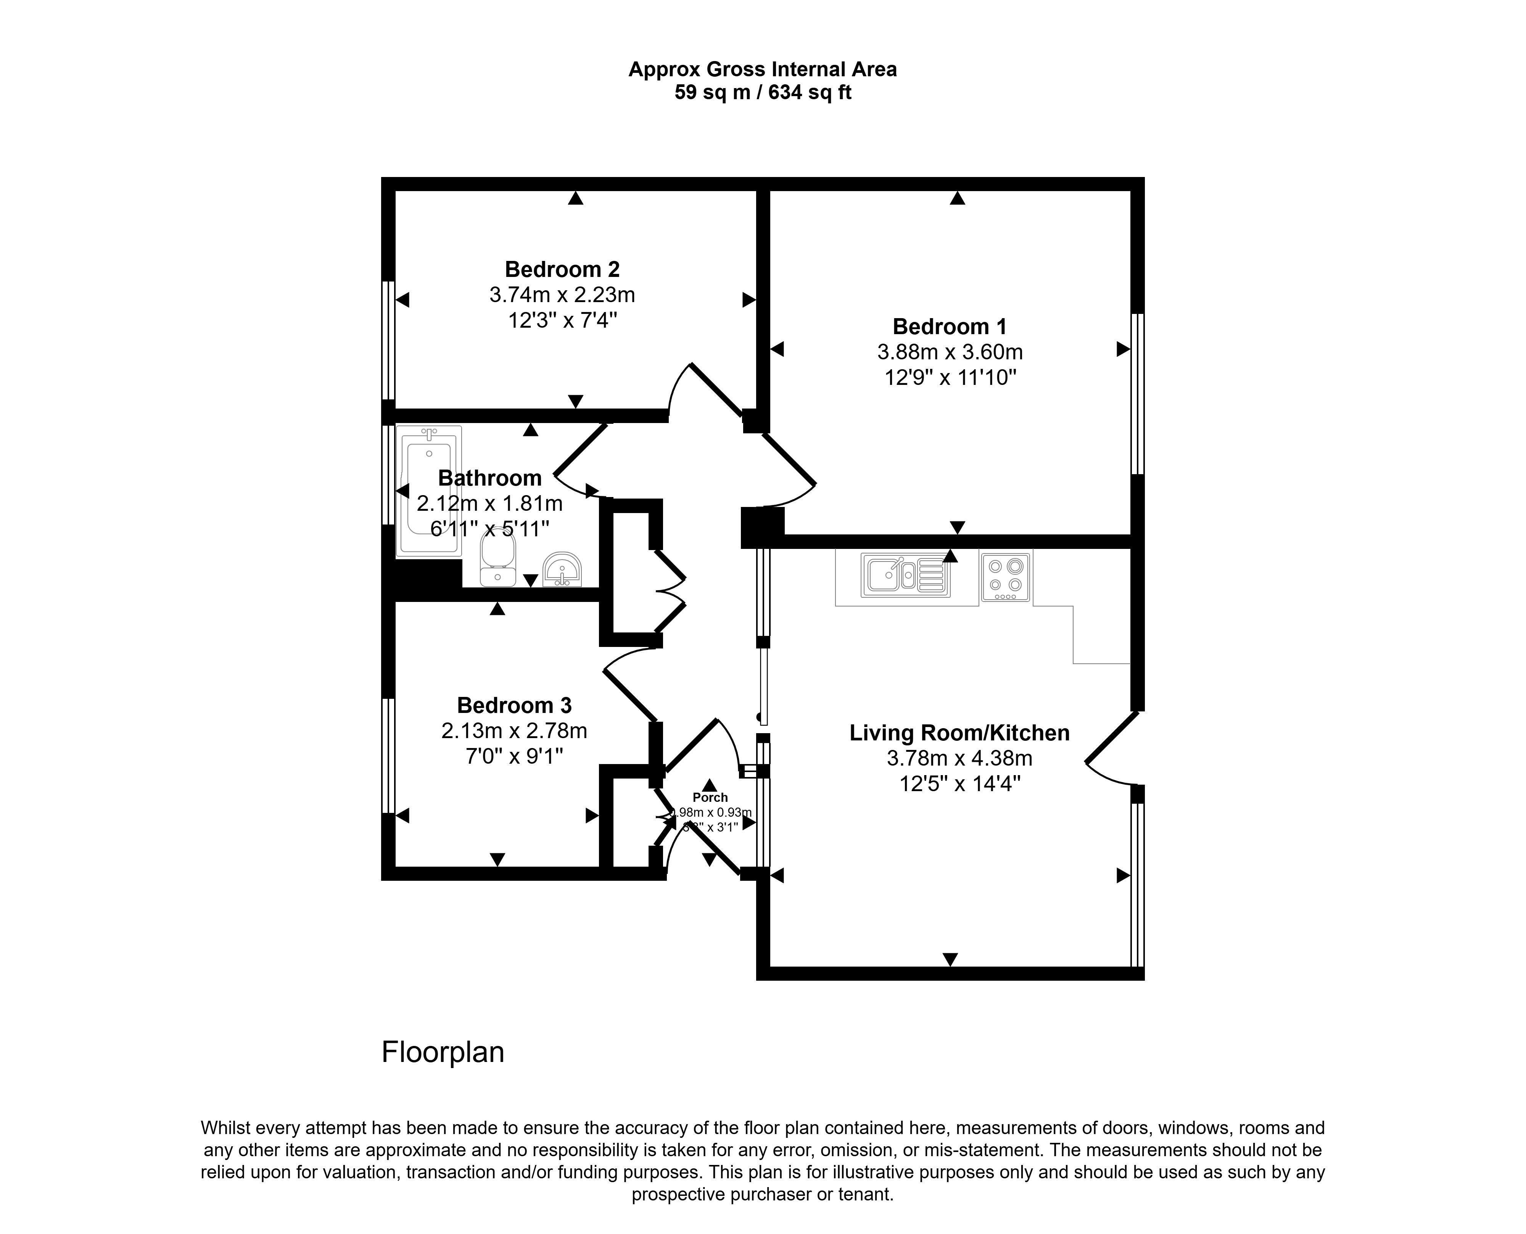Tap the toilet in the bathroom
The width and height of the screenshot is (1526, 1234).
coord(497,560)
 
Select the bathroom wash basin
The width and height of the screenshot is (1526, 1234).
coord(562,570)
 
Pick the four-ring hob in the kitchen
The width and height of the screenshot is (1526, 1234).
coord(1005,576)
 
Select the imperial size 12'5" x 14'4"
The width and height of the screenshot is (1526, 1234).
coord(959,784)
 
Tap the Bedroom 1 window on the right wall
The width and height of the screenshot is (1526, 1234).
coord(1137,393)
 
